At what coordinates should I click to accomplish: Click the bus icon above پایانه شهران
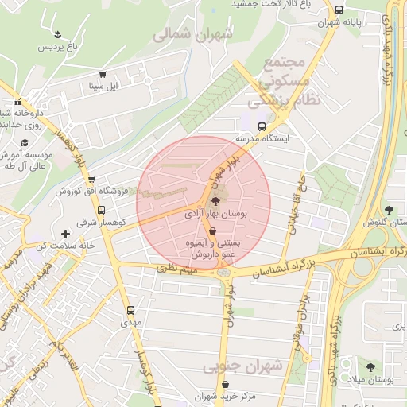339,10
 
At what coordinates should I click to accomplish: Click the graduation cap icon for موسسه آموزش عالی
25,141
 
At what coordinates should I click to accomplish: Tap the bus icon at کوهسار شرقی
102,211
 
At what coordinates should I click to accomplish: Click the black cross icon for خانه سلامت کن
65,234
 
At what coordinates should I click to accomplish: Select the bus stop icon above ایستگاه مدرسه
262,126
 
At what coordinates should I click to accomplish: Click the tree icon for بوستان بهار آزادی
217,200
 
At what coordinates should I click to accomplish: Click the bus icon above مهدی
130,311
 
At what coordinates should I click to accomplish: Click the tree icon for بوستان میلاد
370,367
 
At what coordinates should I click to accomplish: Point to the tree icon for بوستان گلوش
389,210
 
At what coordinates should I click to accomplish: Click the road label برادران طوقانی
300,315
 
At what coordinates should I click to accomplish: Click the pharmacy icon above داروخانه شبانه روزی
17,102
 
